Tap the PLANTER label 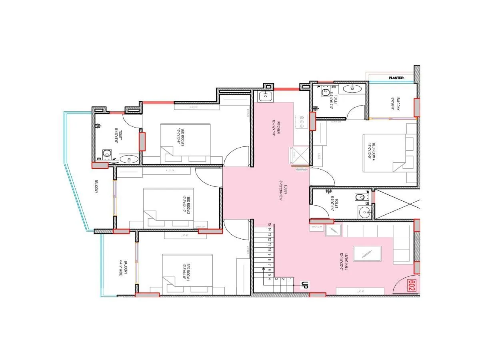[396, 78]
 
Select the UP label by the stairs [304, 285]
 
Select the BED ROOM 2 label [185, 202]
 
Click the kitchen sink [265, 96]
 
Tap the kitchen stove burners [302, 122]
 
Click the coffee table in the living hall [367, 254]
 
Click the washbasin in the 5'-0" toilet [364, 212]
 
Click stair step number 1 [289, 274]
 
